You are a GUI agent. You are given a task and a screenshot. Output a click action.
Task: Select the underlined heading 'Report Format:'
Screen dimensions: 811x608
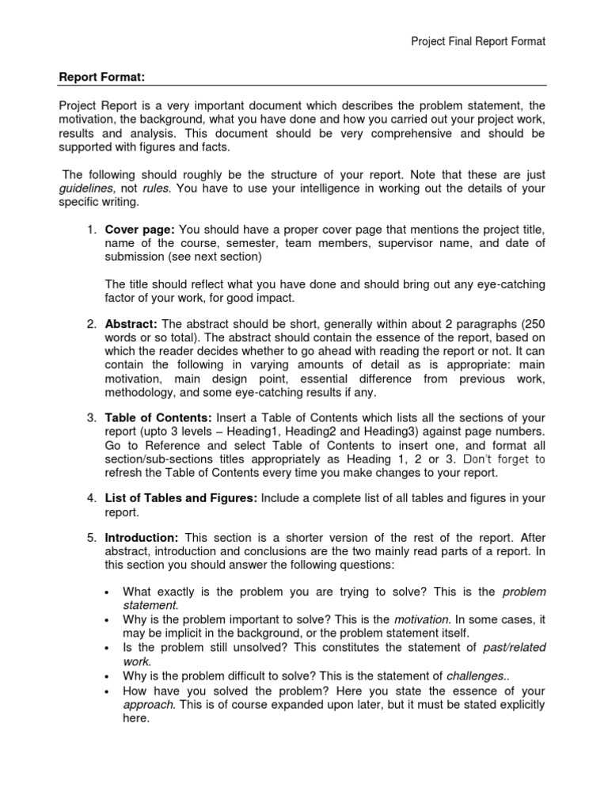(102, 78)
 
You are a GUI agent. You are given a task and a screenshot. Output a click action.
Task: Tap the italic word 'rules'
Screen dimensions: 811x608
(158, 188)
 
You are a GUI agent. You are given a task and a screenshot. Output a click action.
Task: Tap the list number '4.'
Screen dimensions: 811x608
(92, 497)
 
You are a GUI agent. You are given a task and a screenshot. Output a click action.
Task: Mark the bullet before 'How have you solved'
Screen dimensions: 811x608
(107, 690)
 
